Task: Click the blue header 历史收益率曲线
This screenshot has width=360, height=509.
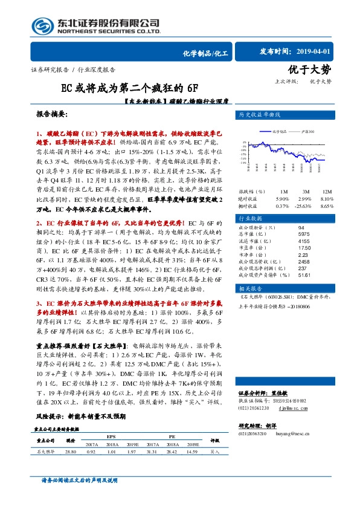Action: tap(260, 114)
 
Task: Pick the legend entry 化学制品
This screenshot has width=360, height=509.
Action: tap(278, 130)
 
